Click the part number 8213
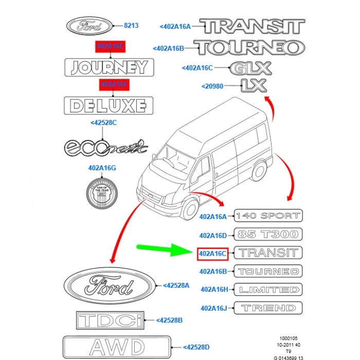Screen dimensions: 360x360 pos(131,25)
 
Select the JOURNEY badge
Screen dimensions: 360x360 pos(109,67)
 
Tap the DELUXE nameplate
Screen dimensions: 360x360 pos(109,105)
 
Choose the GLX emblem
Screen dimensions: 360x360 pos(250,68)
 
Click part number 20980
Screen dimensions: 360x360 pos(212,86)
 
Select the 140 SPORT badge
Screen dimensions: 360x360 pos(268,215)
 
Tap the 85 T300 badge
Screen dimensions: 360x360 pos(268,234)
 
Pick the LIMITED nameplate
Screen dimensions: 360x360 pos(268,290)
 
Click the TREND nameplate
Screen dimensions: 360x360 pos(268,308)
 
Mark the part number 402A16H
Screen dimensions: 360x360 pos(213,290)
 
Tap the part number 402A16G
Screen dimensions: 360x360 pos(102,168)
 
